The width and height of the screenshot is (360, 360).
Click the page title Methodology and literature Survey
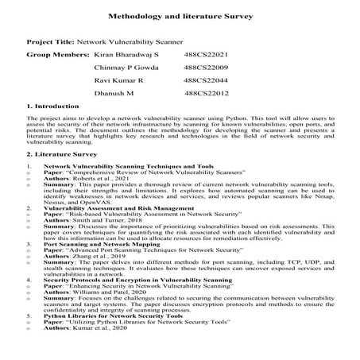click(x=180, y=15)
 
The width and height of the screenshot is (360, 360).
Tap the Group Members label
click(x=57, y=56)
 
